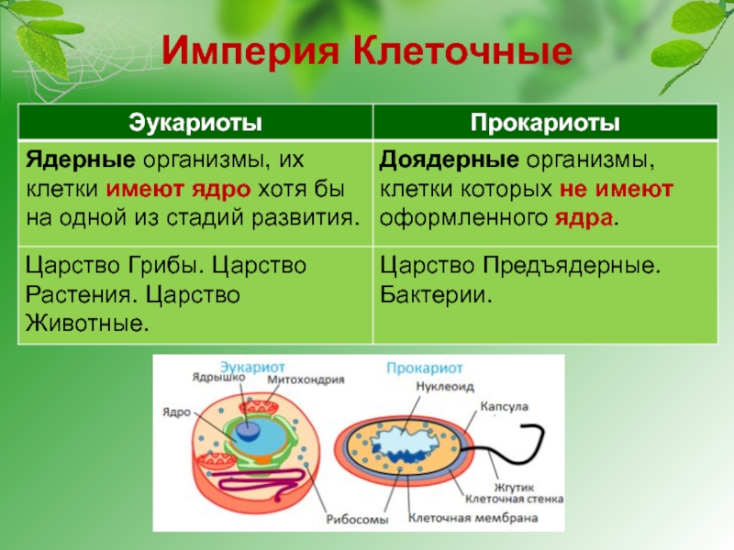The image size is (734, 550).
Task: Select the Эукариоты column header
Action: [x=195, y=122]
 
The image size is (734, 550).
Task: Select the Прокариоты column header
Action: [x=545, y=123]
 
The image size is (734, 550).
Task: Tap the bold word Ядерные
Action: [x=81, y=160]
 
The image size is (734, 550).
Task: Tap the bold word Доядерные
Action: [x=449, y=160]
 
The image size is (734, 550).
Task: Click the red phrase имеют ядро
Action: [x=178, y=190]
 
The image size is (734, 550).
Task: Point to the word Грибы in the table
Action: [x=166, y=266]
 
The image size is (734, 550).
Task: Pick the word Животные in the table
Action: [x=87, y=324]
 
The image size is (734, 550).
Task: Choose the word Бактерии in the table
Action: [x=436, y=295]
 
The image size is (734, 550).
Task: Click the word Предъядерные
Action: [x=572, y=266]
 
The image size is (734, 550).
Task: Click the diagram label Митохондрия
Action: [x=306, y=379]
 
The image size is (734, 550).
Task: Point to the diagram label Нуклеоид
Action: [x=445, y=387]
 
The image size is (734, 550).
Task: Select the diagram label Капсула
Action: [x=504, y=406]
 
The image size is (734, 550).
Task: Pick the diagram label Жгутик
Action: [x=514, y=489]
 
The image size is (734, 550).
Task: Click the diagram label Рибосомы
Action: [x=357, y=519]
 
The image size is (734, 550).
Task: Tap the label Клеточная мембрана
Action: [x=473, y=518]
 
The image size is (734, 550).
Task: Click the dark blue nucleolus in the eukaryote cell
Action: [x=249, y=430]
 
